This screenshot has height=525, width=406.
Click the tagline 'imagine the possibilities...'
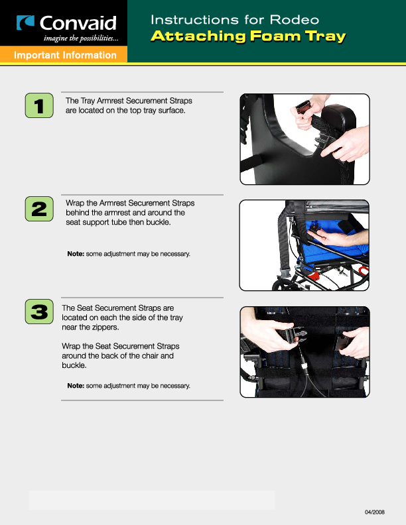(81, 38)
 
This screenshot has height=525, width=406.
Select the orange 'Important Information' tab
(65, 55)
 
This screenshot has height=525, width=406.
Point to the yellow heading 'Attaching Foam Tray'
(248, 36)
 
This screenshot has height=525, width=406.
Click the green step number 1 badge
(38, 107)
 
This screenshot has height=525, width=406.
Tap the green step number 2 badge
(38, 210)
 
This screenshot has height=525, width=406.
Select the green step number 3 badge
(38, 312)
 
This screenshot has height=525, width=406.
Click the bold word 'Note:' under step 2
(75, 254)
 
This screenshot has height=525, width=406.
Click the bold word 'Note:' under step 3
(75, 386)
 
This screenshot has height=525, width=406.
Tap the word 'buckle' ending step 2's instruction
(158, 223)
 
